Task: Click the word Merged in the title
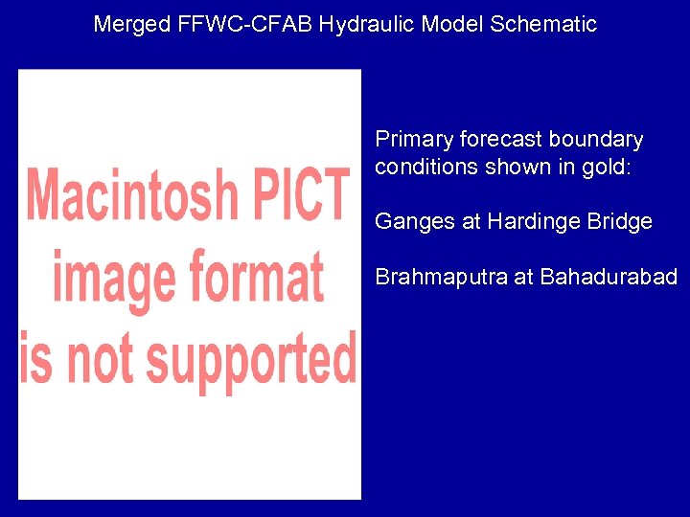click(132, 24)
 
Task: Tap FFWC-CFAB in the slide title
click(245, 24)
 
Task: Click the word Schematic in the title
click(543, 24)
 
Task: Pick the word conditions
click(423, 168)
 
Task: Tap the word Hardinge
click(528, 222)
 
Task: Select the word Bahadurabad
click(609, 278)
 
